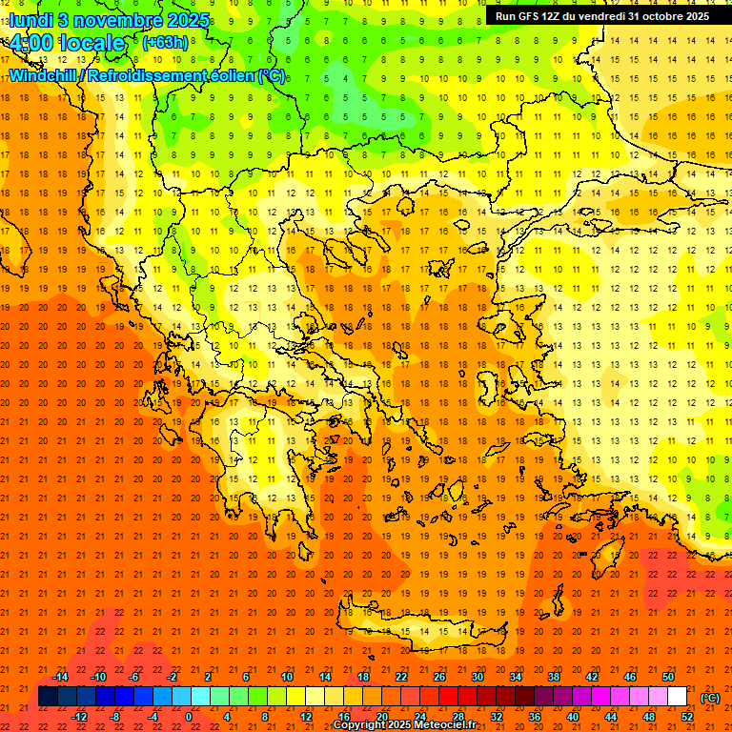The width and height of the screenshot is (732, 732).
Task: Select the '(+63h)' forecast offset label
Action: [165, 42]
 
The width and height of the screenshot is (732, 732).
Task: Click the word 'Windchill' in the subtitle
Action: [43, 75]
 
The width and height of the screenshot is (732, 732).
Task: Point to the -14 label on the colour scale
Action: [60, 677]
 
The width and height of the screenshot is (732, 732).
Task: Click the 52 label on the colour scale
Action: [687, 717]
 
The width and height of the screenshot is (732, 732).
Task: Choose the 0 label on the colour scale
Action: [189, 717]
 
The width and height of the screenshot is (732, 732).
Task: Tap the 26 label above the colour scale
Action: [439, 677]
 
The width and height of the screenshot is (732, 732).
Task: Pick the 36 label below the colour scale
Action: [534, 717]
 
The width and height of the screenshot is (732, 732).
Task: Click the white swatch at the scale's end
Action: [677, 697]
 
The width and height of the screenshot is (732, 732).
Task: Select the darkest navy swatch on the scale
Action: [48, 697]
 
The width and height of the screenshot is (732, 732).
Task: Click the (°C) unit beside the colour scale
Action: [710, 698]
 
